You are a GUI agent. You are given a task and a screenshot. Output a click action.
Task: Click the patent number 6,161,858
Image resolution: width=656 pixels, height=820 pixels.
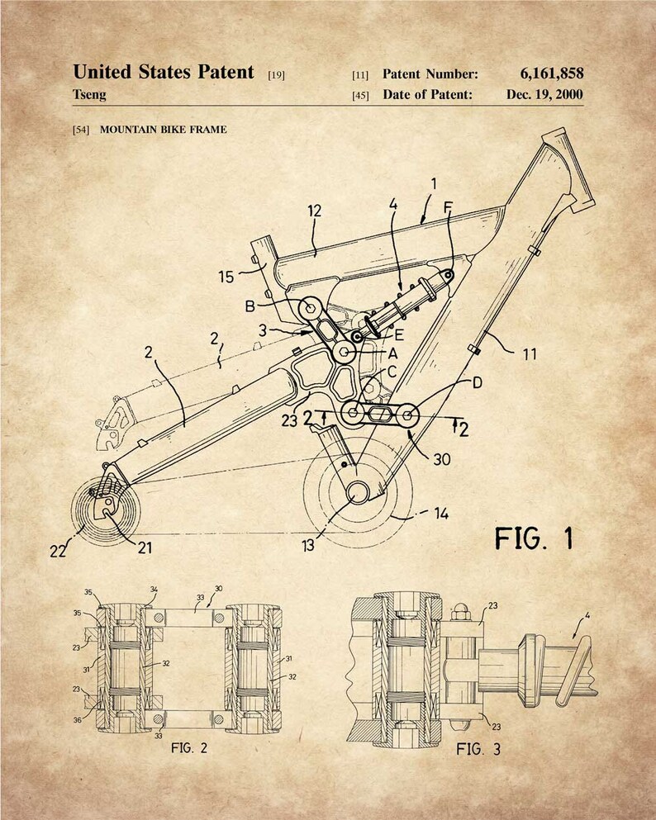click(x=551, y=73)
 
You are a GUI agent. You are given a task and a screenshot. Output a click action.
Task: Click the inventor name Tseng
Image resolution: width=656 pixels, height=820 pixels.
click(x=89, y=95)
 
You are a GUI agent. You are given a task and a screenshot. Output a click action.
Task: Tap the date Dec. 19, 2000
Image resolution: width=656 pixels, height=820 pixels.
click(x=544, y=95)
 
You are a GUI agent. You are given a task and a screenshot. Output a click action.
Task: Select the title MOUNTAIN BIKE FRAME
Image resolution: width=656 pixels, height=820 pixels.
click(x=164, y=129)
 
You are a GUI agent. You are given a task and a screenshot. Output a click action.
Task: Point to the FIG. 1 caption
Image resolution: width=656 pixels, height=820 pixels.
click(x=534, y=538)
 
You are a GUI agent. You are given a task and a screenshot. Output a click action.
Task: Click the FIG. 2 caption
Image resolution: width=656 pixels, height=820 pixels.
click(x=189, y=748)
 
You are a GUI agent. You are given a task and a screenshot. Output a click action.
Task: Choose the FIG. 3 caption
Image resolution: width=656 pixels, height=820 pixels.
click(x=478, y=750)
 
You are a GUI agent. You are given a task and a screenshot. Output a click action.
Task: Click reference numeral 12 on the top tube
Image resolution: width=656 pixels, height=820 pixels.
click(x=315, y=211)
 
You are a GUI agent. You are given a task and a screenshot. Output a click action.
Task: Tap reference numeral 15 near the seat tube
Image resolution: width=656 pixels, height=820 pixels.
click(x=226, y=277)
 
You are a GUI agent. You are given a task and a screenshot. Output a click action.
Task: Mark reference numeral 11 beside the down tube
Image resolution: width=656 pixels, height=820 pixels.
click(x=530, y=354)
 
